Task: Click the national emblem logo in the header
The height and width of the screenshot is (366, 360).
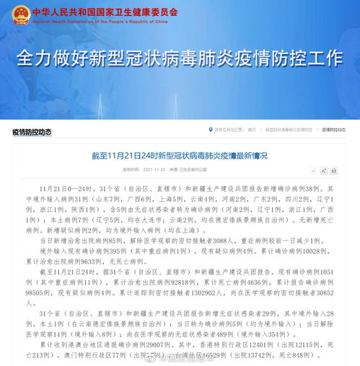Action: (x=21, y=14)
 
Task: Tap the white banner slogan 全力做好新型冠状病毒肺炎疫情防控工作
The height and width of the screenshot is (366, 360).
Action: (x=180, y=57)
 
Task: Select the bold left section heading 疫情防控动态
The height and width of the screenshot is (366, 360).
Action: (x=32, y=131)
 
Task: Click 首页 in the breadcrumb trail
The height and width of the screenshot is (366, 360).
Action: (x=252, y=130)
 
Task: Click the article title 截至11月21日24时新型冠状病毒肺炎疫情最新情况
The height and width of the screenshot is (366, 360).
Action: (x=179, y=155)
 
